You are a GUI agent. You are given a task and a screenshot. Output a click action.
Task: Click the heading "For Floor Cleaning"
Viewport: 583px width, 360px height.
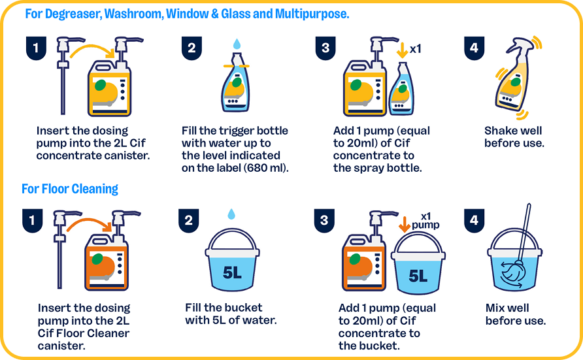(x=70, y=189)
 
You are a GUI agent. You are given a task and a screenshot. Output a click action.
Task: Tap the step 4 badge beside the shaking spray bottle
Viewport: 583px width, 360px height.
(x=474, y=48)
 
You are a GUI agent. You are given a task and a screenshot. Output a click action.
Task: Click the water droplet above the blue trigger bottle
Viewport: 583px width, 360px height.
(x=237, y=44)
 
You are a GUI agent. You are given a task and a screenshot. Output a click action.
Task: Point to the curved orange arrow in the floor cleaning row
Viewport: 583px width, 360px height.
(x=90, y=223)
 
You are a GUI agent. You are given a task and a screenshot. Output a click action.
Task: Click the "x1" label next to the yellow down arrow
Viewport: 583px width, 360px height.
(x=415, y=48)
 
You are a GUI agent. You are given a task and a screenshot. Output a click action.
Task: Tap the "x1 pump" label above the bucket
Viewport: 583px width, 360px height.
(x=425, y=221)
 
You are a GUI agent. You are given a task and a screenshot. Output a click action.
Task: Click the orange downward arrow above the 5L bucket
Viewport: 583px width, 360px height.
(x=404, y=224)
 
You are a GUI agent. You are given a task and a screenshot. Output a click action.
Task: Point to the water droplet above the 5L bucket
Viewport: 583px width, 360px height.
(x=231, y=214)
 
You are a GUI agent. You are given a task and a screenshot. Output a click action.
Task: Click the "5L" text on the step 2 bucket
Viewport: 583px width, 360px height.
(x=232, y=272)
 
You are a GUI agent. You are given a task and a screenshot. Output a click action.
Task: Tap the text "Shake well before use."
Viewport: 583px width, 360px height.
(x=514, y=137)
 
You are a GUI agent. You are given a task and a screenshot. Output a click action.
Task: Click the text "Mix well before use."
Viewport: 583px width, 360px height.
(x=515, y=314)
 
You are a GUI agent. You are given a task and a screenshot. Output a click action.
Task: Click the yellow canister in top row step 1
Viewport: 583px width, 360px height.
(x=109, y=88)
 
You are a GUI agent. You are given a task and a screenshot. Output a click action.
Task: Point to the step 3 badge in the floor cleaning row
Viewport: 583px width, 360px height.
(x=324, y=221)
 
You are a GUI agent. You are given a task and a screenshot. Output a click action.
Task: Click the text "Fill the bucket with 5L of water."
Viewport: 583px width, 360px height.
(x=231, y=314)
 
